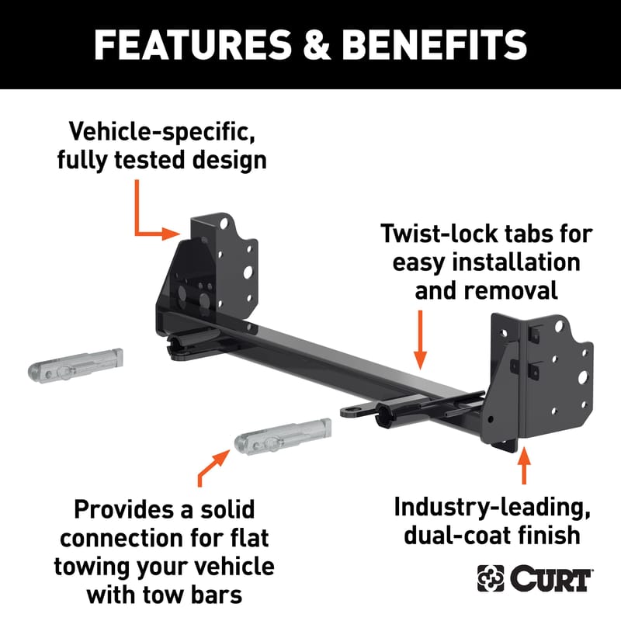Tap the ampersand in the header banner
(x=317, y=45)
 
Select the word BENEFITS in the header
(x=434, y=45)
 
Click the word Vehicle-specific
(x=161, y=131)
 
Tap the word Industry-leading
(x=492, y=508)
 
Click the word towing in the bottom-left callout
(x=92, y=567)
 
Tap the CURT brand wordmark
(x=551, y=578)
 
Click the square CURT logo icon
(x=491, y=578)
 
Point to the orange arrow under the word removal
(x=420, y=340)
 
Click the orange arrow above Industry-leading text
(x=524, y=466)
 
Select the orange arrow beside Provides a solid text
(x=213, y=468)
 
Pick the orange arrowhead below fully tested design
(x=171, y=234)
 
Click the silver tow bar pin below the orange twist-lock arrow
(x=283, y=437)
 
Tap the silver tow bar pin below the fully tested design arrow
(x=75, y=366)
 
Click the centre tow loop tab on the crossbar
(x=357, y=411)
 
